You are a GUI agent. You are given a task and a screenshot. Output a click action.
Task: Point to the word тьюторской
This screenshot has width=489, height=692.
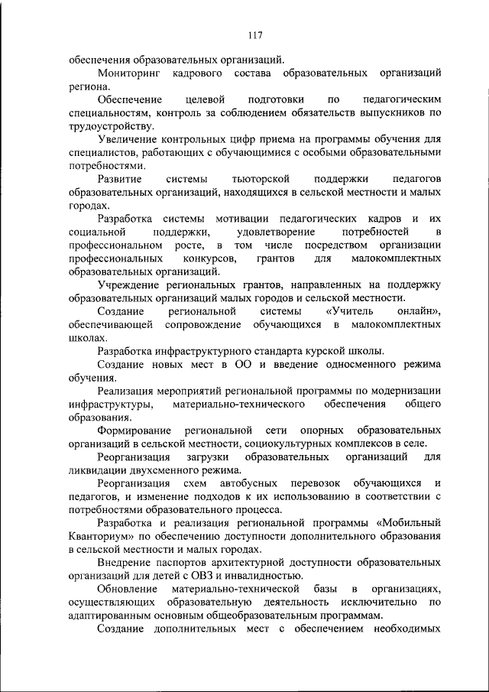tap(261, 178)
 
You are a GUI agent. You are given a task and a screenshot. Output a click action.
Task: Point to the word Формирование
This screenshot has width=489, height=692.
tap(134, 430)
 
